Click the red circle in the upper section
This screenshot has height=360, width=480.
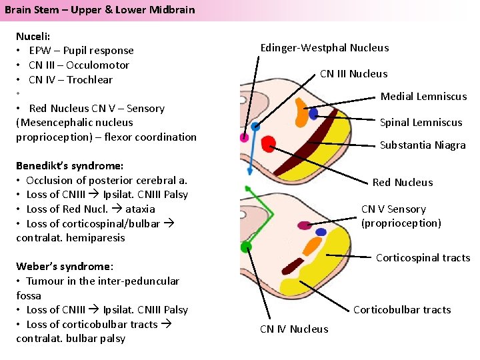[x=269, y=143]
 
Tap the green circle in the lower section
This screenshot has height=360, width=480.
[x=246, y=247]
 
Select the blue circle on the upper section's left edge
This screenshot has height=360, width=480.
[x=255, y=126]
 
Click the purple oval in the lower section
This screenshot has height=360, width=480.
[x=304, y=225]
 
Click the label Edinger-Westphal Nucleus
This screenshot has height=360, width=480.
[x=324, y=48]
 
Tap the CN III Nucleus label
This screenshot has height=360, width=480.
[x=353, y=74]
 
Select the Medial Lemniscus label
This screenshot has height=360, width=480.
[x=423, y=97]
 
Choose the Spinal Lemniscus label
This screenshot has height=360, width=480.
[x=421, y=123]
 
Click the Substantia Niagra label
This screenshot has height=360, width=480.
[x=423, y=145]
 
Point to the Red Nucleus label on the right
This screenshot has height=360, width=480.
[x=402, y=183]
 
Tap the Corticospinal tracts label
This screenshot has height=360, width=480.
[x=423, y=258]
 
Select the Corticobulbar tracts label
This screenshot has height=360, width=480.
[x=402, y=310]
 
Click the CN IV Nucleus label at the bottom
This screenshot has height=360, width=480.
[x=294, y=329]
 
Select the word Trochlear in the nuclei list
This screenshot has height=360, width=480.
[x=89, y=80]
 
